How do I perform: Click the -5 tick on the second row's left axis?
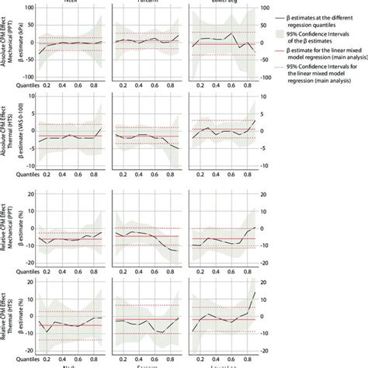click(x=27, y=148)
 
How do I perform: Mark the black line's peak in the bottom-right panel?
click(x=255, y=292)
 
